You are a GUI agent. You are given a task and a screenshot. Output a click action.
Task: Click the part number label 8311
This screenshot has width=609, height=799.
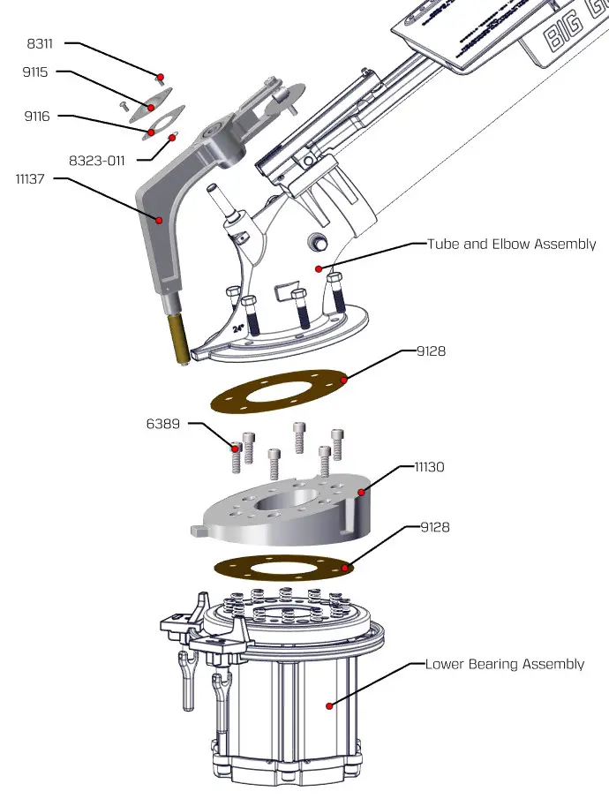coord(40,41)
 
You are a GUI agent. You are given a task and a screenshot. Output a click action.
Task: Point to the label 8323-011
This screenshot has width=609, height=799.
coord(96,161)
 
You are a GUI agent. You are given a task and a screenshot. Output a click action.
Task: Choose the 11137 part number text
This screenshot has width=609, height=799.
coord(33,178)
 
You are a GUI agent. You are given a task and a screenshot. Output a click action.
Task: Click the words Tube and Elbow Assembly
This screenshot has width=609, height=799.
coord(511,244)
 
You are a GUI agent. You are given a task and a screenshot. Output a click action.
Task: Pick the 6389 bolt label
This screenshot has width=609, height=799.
coord(163,424)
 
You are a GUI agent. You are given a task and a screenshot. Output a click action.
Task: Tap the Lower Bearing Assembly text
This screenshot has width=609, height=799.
coord(504,664)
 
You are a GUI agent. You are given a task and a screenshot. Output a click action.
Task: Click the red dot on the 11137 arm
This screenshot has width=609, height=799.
coord(160,219)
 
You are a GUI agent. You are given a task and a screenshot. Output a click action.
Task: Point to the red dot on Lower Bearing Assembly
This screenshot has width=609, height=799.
coord(328,705)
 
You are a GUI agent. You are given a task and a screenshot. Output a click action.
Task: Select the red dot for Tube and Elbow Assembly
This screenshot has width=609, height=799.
coord(320,268)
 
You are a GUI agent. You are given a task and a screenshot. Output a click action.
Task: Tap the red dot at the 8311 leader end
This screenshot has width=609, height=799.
coord(161,76)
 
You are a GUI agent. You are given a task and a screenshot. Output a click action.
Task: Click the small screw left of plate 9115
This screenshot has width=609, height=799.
coord(124,104)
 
